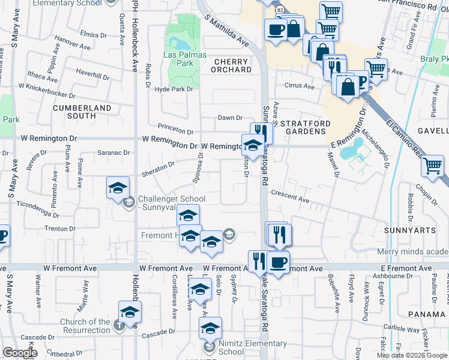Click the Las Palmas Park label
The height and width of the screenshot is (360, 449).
click(x=185, y=59)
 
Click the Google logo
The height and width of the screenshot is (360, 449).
click(x=20, y=353)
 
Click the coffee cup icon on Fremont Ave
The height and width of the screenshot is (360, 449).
click(x=277, y=262)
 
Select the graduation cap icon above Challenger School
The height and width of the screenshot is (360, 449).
click(x=118, y=188)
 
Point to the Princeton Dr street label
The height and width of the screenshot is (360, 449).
click(x=175, y=128)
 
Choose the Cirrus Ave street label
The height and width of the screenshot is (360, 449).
click(x=300, y=86)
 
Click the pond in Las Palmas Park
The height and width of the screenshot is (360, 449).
click(x=178, y=43)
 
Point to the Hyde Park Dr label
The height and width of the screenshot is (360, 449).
click(x=174, y=89)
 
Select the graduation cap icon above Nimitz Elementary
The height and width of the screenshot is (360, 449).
click(x=210, y=328)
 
